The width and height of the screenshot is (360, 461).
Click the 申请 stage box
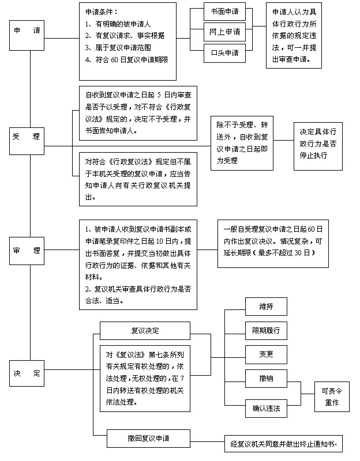click(27, 35)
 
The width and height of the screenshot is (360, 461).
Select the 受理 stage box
click(27, 141)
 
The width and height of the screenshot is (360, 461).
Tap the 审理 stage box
click(27, 251)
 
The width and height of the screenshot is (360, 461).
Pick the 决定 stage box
click(27, 373)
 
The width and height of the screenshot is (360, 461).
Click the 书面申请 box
click(224, 12)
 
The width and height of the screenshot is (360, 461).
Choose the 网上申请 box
click(224, 32)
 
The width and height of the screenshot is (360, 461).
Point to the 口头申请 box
click(224, 53)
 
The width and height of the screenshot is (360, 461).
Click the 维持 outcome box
click(266, 307)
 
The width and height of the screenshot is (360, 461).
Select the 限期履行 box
click(266, 330)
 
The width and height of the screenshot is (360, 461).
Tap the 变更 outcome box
click(266, 354)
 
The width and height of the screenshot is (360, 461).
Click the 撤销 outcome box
click(266, 379)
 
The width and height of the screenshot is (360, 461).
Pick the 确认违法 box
click(266, 409)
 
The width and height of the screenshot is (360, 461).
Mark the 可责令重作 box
click(332, 396)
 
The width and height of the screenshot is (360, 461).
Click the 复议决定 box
click(145, 331)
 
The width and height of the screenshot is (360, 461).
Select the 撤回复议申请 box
click(148, 439)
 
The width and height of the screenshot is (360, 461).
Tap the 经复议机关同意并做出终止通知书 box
click(283, 444)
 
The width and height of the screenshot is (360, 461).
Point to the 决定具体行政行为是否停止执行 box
click(318, 146)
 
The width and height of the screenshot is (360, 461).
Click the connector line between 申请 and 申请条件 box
click(62, 38)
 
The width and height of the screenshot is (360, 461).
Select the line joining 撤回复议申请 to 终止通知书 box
click(208, 441)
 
